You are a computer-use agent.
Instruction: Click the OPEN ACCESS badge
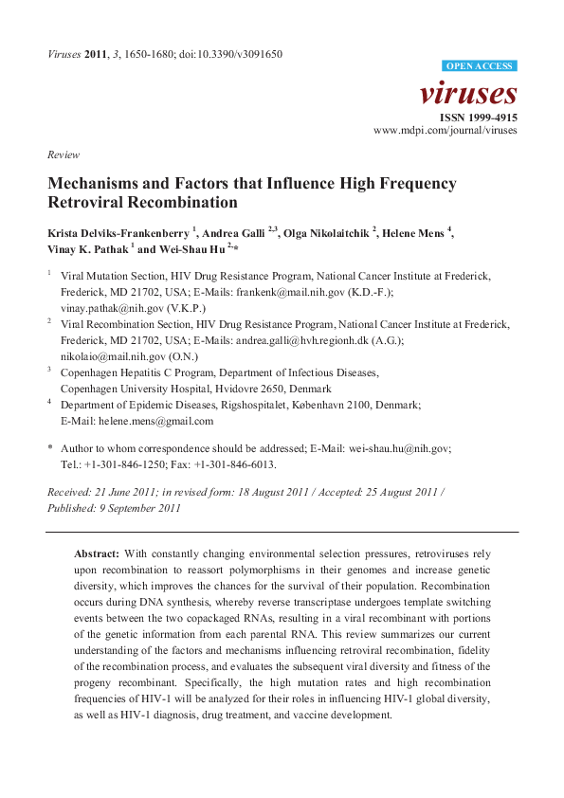pos(481,65)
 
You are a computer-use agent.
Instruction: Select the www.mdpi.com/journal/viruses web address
pos(446,130)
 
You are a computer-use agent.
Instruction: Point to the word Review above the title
pos(64,154)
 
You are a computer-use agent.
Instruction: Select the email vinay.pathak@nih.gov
pos(108,308)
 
